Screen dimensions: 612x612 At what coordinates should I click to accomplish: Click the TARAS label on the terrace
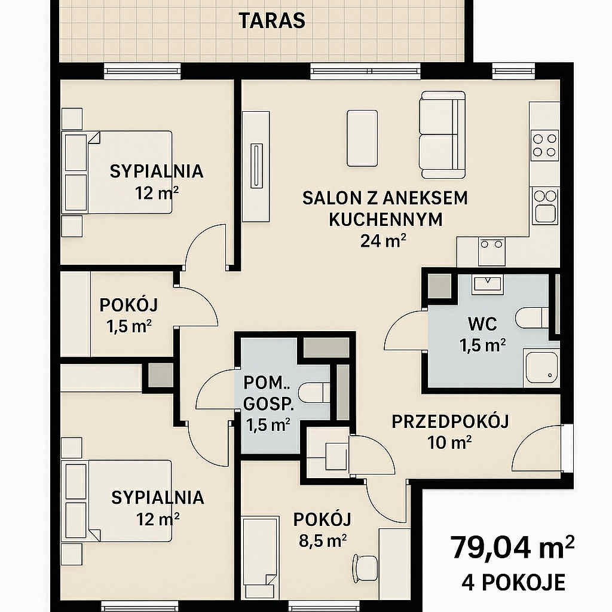tap(272, 21)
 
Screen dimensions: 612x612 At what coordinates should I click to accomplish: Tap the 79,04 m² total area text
tap(512, 547)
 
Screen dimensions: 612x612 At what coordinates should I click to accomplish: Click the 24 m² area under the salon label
tap(383, 241)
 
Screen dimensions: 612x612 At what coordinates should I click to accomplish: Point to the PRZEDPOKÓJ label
tap(450, 421)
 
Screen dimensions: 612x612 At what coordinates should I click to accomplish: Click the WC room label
tap(482, 324)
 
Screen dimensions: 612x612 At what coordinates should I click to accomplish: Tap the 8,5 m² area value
tap(323, 541)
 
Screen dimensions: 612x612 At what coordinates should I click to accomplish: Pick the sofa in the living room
tap(442, 134)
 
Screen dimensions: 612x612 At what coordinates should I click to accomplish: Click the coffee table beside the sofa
tap(362, 138)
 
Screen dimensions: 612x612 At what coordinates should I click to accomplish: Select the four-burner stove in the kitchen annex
tap(545, 145)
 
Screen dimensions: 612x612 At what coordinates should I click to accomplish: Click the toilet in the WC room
tap(533, 318)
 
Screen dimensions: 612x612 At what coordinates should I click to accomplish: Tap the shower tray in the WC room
tap(541, 366)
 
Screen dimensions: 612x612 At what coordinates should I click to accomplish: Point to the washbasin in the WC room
tap(487, 284)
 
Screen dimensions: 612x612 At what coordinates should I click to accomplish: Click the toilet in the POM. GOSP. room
tap(314, 393)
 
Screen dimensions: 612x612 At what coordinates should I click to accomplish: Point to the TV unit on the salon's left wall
tap(256, 167)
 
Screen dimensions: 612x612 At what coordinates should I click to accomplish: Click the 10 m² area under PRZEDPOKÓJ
tap(449, 443)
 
